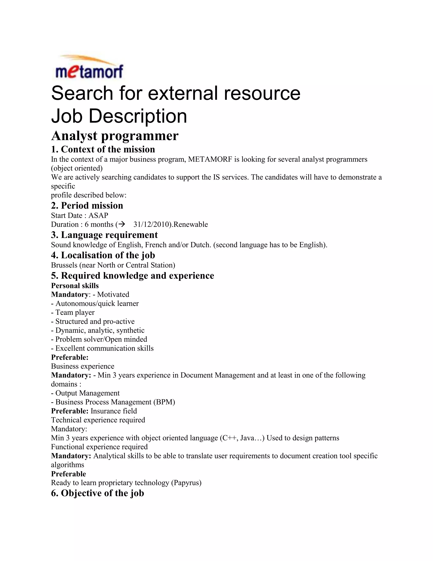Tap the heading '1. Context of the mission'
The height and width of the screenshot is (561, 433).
point(103,149)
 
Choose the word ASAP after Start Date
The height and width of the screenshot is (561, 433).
point(98,215)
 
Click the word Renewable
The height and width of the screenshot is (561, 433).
point(190,224)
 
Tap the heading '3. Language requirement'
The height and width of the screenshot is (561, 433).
point(104,235)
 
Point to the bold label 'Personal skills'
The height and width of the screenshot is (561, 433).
point(75,286)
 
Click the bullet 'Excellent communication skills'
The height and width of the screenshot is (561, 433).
point(102,348)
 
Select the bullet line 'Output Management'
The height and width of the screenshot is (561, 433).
point(85,393)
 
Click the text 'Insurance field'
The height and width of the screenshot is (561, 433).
point(114,411)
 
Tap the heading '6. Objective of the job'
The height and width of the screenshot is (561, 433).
point(97,493)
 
